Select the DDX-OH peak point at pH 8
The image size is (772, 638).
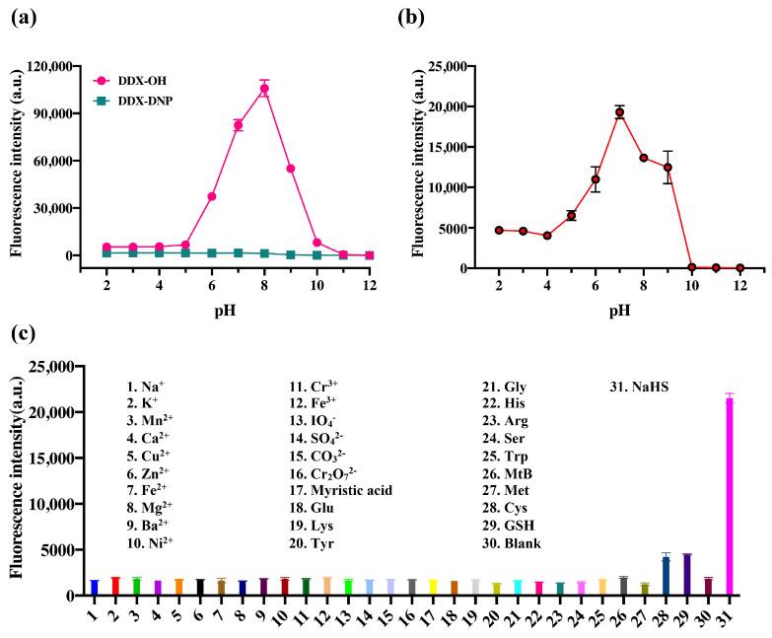(x=264, y=89)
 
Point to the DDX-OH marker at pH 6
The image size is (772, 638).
(x=212, y=196)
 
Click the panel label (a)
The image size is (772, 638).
(x=20, y=17)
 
